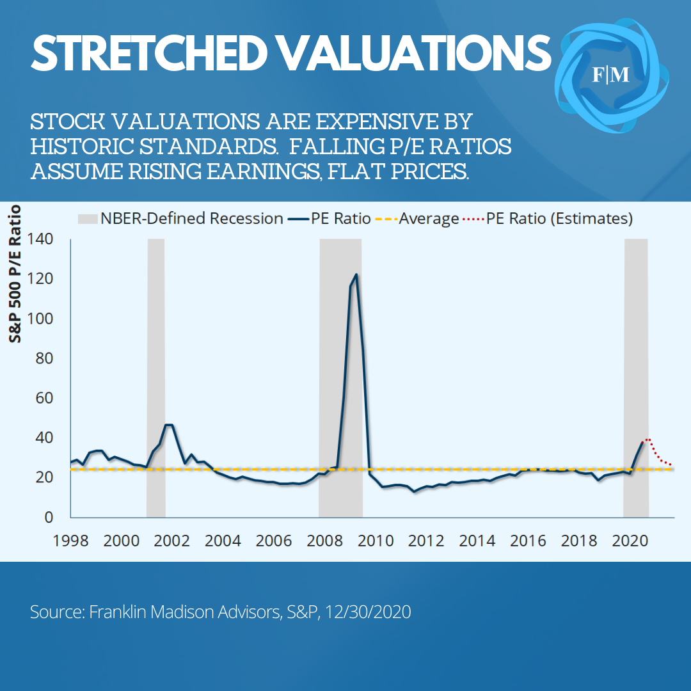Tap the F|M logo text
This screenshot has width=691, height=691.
pyautogui.click(x=610, y=75)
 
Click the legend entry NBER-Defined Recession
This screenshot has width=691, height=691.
pyautogui.click(x=191, y=219)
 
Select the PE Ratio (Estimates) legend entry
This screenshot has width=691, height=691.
pyautogui.click(x=559, y=219)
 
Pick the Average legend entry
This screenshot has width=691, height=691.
pyautogui.click(x=429, y=219)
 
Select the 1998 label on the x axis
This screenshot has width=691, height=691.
pyautogui.click(x=70, y=540)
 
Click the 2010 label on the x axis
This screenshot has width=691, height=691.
pyautogui.click(x=375, y=540)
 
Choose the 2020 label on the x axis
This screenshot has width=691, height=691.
pyautogui.click(x=628, y=540)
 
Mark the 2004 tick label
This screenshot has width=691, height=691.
pyautogui.click(x=223, y=540)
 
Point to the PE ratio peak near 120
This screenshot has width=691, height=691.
pyautogui.click(x=356, y=275)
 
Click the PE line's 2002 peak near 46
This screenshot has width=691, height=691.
pyautogui.click(x=169, y=425)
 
